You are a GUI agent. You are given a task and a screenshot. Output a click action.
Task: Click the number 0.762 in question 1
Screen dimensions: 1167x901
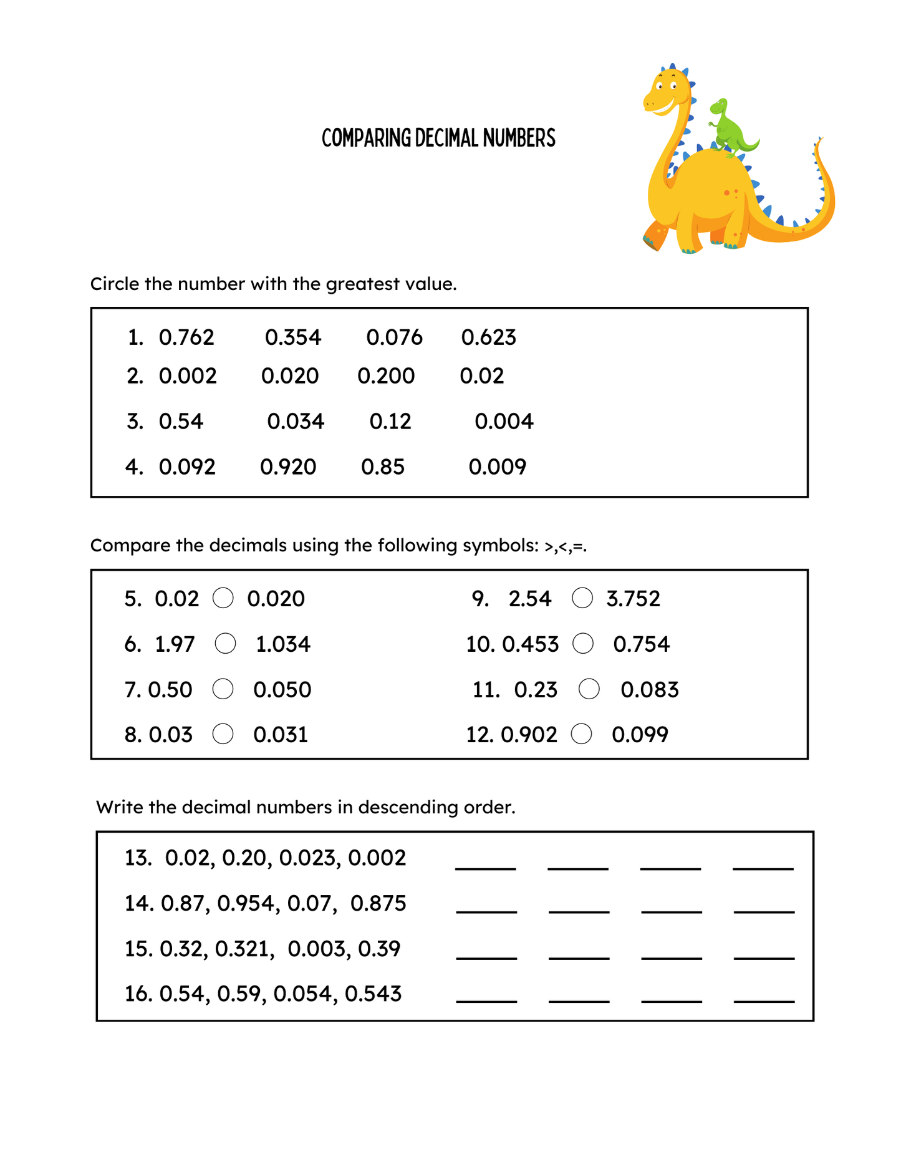(x=186, y=337)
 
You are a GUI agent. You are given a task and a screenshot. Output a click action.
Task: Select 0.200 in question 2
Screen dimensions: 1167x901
(x=386, y=376)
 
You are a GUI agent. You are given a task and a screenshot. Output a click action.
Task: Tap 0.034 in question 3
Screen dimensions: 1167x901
(x=296, y=422)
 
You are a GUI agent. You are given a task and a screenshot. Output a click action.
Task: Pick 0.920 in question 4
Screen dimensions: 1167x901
(x=288, y=467)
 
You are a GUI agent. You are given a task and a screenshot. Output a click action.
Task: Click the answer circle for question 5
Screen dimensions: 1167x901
(x=223, y=598)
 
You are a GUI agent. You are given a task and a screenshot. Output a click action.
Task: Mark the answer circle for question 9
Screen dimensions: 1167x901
(x=582, y=598)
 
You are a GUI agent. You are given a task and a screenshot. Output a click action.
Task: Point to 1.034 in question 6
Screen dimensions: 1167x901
(x=283, y=644)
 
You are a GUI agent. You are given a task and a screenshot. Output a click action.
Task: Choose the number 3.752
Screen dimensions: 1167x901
(x=633, y=599)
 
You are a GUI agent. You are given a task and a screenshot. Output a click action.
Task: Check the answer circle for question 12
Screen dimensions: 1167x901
(x=581, y=734)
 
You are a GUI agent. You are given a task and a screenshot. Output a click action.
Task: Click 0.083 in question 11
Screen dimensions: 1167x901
(x=650, y=690)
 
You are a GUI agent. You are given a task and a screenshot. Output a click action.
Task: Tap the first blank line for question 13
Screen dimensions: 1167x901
(x=486, y=866)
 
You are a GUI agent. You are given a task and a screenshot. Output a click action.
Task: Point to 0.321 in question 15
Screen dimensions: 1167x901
(x=244, y=949)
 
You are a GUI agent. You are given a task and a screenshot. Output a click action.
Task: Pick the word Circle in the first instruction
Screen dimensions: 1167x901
(x=115, y=284)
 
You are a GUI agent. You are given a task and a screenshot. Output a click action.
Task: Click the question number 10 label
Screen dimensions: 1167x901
(x=480, y=644)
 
